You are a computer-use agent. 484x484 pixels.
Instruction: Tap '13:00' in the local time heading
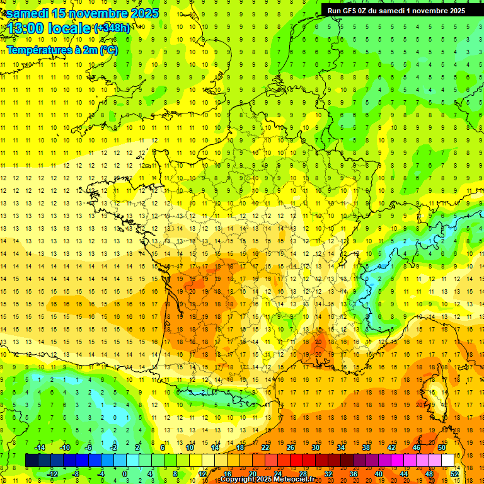click(26, 29)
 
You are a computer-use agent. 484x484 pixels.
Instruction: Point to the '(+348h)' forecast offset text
click(113, 28)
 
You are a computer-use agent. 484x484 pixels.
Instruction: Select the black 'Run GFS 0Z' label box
click(396, 10)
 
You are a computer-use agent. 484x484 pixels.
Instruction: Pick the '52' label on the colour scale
click(454, 474)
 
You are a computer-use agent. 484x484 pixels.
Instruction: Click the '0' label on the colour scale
click(125, 474)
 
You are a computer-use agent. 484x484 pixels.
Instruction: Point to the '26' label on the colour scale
click(291, 447)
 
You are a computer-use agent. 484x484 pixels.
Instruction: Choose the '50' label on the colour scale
click(441, 447)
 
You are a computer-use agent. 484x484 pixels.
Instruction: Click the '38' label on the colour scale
click(366, 447)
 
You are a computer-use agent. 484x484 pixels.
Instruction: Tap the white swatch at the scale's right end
click(447, 460)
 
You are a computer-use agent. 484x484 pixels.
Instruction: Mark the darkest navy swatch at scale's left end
click(32, 460)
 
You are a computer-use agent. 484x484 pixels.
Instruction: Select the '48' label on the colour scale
click(429, 474)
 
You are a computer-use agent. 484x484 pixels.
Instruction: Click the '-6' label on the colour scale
click(88, 447)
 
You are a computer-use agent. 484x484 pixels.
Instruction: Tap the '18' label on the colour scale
click(239, 447)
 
